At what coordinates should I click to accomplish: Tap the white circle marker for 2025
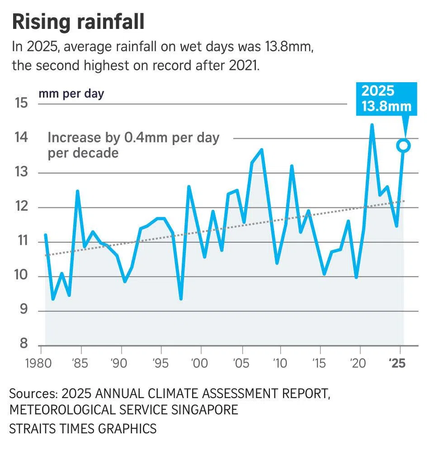404,146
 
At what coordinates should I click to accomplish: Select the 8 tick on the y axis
24,344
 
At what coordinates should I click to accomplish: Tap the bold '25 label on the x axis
397,364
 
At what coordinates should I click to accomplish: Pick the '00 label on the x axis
199,364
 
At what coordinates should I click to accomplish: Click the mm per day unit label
71,94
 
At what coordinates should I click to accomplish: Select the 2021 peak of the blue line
372,125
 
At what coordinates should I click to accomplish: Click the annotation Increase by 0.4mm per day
133,137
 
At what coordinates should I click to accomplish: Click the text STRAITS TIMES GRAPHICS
83,428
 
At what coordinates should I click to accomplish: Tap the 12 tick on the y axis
21,207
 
